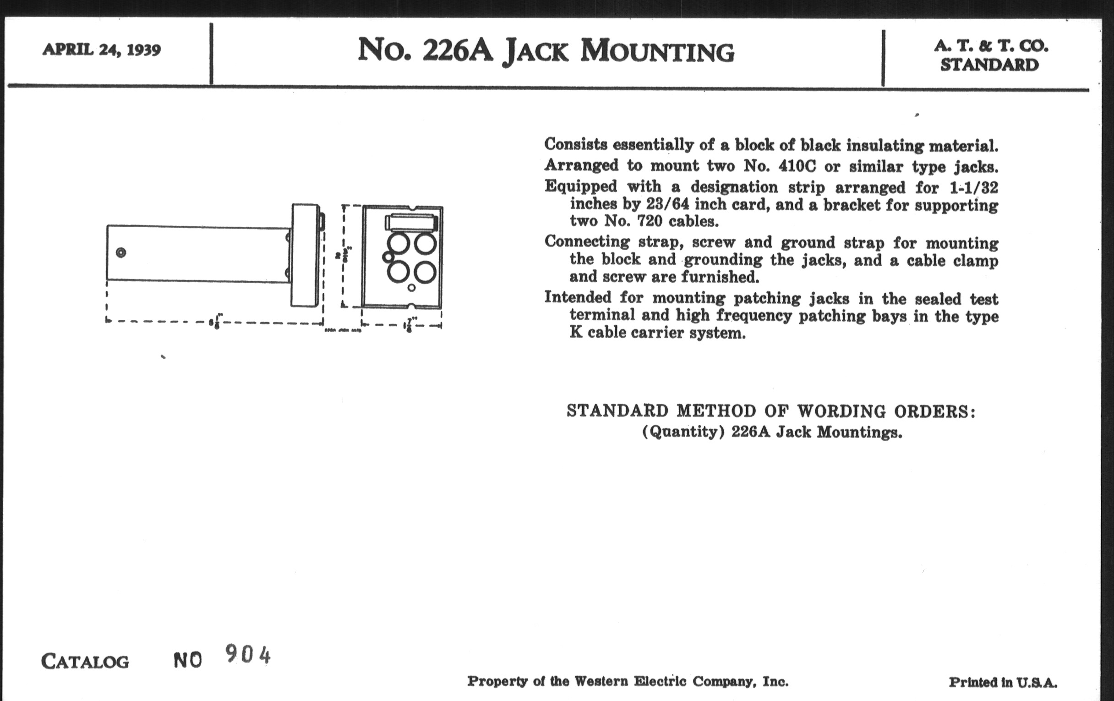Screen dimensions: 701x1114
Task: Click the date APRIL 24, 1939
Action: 101,49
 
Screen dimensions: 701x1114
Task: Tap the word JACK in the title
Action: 535,51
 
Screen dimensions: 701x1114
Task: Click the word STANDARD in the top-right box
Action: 989,65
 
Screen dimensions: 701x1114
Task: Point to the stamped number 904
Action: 247,654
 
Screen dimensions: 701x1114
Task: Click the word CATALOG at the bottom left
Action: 85,661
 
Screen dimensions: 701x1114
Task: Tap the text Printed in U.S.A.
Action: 1003,683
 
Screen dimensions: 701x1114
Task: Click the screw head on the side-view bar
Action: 121,252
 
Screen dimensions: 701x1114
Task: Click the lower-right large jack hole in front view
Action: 425,272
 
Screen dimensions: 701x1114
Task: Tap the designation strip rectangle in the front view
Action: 410,222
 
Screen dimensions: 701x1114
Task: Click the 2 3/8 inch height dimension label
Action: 344,255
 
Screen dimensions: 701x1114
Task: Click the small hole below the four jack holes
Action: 411,288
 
